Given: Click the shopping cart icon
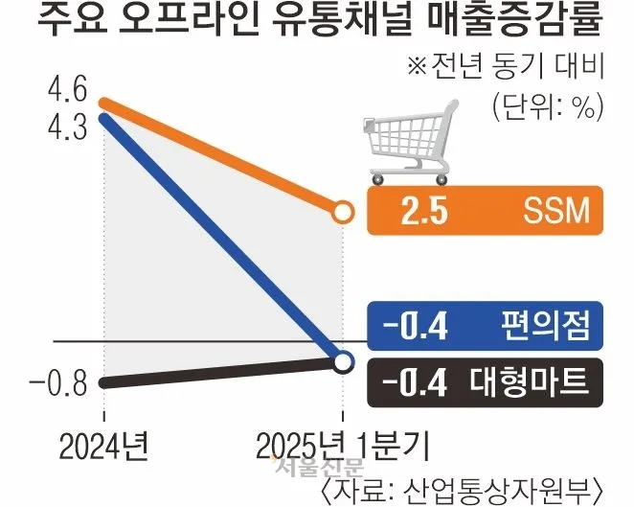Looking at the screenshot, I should click(406, 147).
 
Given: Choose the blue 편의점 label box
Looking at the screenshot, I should click(485, 328).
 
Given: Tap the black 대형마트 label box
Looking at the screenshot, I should click(485, 381).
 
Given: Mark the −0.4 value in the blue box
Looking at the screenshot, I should click(416, 328).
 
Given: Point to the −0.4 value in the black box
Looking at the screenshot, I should click(416, 381).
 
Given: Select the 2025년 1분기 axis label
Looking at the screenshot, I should click(343, 446).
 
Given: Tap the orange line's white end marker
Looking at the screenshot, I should click(342, 213).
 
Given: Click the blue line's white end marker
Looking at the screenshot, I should click(343, 361).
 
